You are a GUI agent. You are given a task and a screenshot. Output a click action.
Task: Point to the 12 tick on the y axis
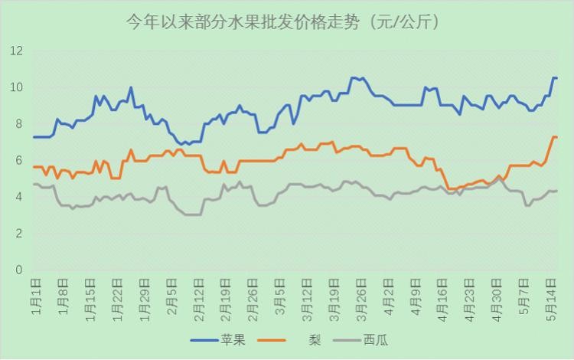[x=17, y=51]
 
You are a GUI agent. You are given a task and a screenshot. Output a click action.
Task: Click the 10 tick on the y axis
[x=17, y=87]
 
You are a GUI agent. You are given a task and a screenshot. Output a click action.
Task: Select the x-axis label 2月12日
[x=200, y=296]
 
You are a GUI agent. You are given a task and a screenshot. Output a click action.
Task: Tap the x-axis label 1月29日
[x=145, y=296]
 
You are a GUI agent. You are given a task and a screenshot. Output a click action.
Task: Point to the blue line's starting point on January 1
[x=34, y=137]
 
